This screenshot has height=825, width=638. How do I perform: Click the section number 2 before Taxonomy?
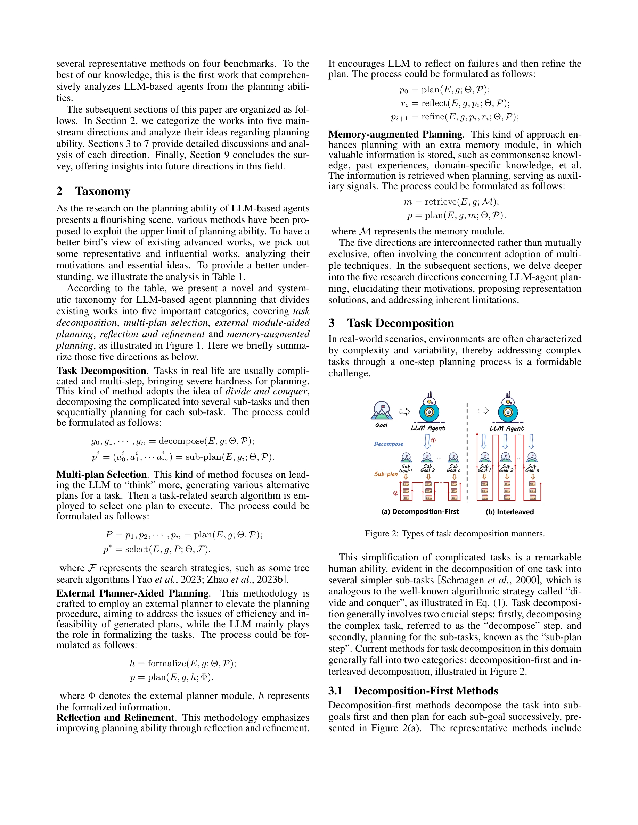59,192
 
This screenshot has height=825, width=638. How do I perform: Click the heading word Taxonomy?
103,192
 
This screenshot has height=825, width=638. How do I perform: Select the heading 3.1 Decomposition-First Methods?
413,691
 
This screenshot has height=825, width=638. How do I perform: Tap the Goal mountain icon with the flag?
382,411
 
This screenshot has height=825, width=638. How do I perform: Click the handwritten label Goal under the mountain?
381,425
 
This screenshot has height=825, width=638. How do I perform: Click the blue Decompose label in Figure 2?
388,444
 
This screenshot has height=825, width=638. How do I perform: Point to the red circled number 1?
434,440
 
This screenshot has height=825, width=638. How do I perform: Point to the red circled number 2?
395,493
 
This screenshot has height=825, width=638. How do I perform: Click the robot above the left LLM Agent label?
429,408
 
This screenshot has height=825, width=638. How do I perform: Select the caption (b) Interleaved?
509,512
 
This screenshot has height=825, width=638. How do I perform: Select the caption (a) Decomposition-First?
420,512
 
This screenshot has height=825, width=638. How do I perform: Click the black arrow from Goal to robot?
405,411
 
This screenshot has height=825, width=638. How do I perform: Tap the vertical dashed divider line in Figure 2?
467,453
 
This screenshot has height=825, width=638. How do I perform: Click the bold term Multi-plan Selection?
101,475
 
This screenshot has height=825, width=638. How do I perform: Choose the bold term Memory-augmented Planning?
395,134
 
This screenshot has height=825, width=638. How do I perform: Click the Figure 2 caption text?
454,534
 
